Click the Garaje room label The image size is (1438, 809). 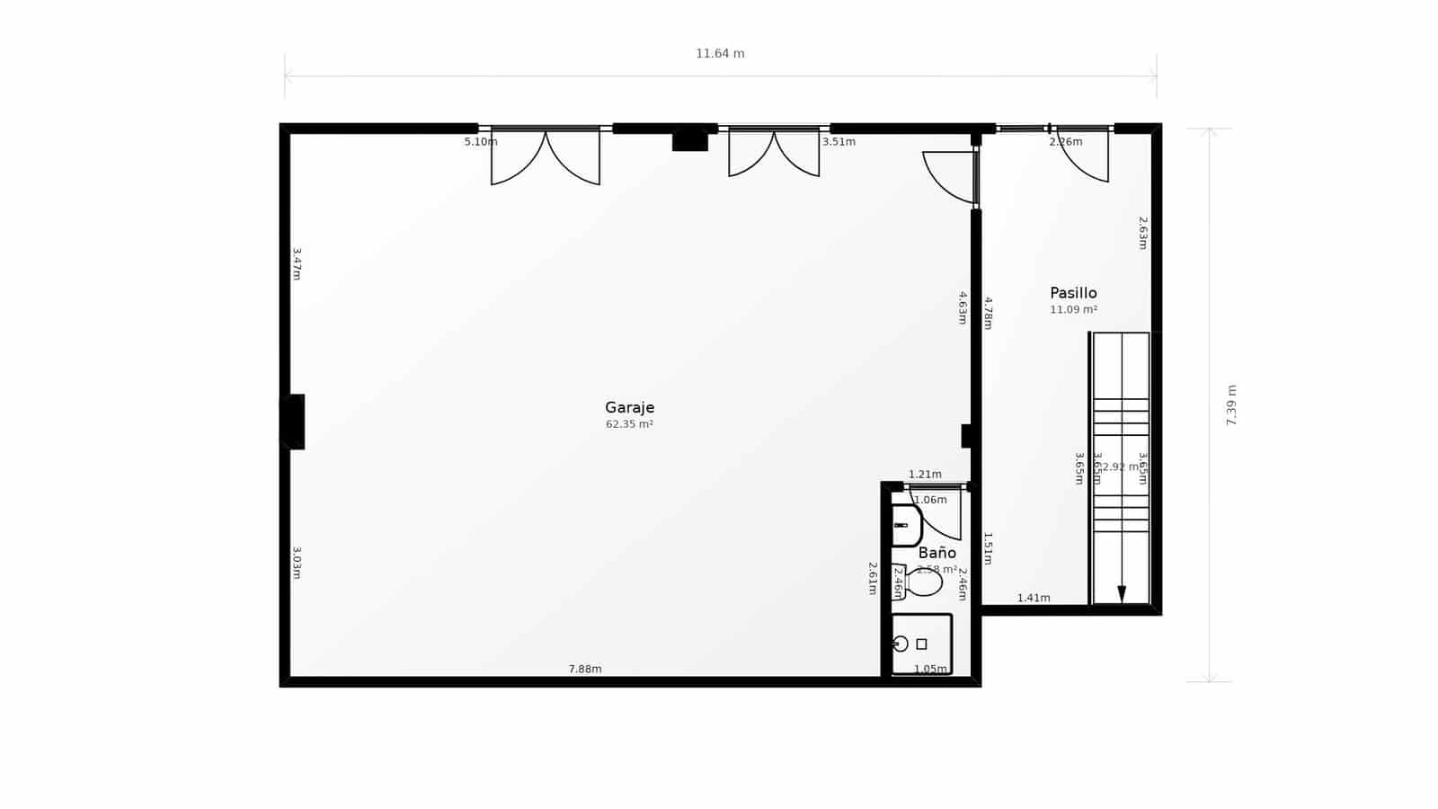[629, 407]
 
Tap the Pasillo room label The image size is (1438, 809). [1073, 293]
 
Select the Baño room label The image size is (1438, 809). [936, 553]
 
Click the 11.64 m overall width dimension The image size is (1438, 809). [720, 54]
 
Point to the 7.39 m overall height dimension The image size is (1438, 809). [1231, 404]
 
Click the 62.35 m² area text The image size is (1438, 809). [629, 424]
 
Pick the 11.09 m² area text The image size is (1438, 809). [1073, 310]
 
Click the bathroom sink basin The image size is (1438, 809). [906, 525]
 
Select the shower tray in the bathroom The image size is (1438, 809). [921, 643]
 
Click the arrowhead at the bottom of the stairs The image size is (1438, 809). [1122, 593]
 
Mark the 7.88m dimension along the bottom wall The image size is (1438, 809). [585, 669]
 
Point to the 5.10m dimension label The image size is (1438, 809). [481, 142]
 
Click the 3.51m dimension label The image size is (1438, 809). [839, 142]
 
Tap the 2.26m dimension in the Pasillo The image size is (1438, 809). [1066, 142]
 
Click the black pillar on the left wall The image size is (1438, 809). [294, 422]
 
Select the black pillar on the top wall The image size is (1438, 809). [690, 141]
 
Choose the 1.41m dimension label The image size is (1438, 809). [1034, 598]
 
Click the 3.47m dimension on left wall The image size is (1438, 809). [297, 264]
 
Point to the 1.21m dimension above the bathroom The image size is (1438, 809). [925, 475]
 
